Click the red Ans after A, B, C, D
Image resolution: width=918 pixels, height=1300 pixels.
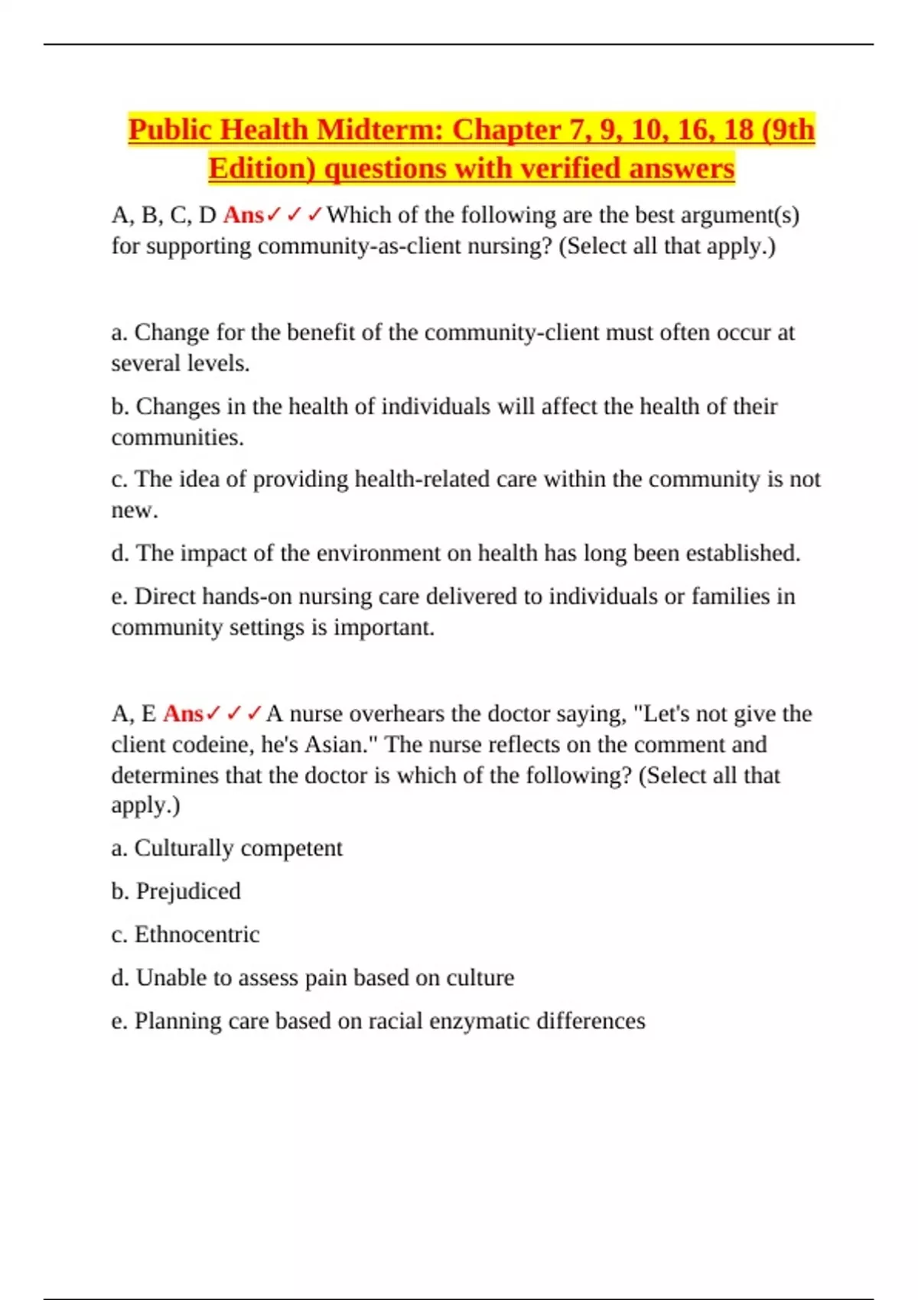[x=243, y=216]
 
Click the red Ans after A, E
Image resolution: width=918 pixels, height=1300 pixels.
[x=184, y=713]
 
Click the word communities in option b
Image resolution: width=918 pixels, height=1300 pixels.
[x=176, y=437]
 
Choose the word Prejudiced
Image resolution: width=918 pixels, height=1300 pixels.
[x=188, y=891]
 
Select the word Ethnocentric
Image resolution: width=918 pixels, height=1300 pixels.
[x=197, y=934]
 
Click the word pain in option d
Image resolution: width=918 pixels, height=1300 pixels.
[x=326, y=978]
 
